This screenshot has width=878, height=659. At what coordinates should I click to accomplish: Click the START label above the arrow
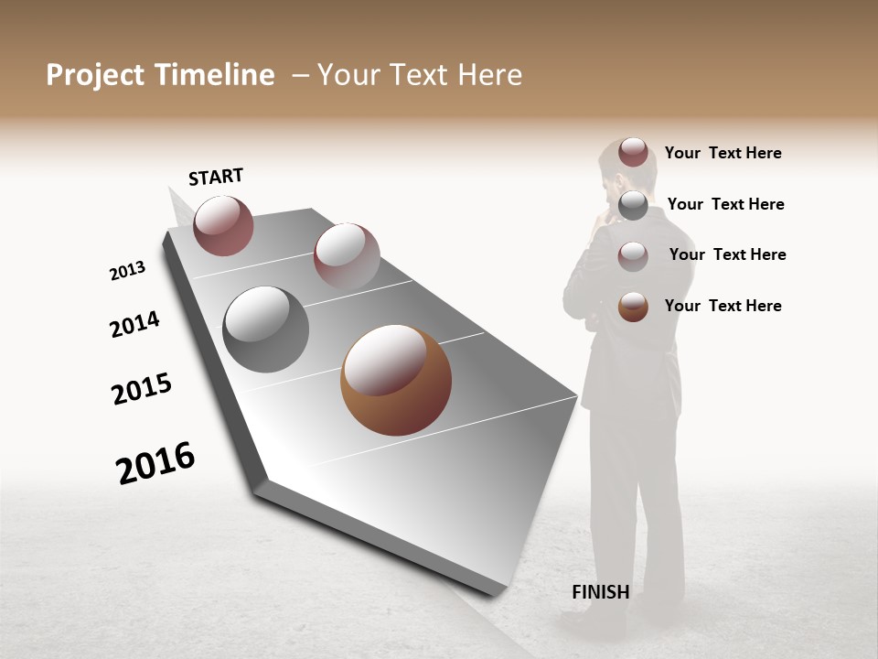(x=216, y=177)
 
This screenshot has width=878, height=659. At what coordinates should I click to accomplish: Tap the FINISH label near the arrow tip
(x=601, y=592)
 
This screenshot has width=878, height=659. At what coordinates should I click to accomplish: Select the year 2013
(x=127, y=271)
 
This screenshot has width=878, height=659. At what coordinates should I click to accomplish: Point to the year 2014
(x=134, y=325)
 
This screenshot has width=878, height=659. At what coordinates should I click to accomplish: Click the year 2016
(x=155, y=463)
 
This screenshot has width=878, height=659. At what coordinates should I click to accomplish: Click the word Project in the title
(x=95, y=75)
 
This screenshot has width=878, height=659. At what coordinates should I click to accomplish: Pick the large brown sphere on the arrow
(x=395, y=380)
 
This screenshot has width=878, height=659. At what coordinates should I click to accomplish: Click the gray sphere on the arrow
(x=266, y=329)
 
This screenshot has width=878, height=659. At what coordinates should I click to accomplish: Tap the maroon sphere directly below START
(x=223, y=225)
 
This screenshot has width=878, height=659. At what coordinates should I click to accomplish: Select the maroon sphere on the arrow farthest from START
(x=347, y=256)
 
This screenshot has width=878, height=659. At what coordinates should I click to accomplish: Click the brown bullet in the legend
(x=633, y=307)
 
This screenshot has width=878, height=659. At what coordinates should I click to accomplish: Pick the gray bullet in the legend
(x=633, y=206)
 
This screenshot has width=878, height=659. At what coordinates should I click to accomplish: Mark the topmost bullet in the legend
(x=633, y=152)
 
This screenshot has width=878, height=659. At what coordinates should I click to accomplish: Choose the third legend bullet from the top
(x=633, y=256)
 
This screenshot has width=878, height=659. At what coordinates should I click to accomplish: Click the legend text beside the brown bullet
(x=723, y=306)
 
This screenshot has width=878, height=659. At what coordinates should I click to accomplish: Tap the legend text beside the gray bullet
(x=725, y=204)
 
